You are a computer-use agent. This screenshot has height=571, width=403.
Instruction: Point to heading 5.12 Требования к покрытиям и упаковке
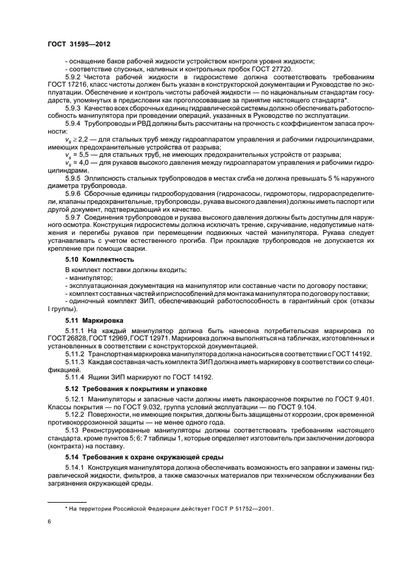pos(136,388)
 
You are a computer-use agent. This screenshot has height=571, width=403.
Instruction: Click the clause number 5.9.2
pos(73,77)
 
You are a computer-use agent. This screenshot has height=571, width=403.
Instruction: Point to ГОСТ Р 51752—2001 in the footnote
pos(241,508)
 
